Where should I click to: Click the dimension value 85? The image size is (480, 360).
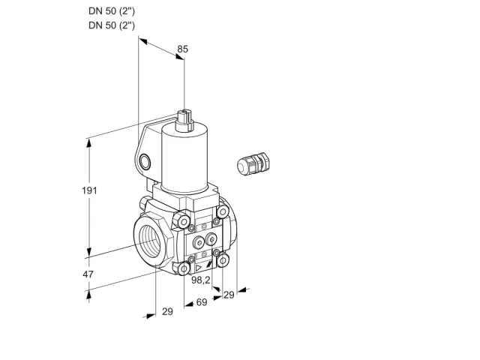183,49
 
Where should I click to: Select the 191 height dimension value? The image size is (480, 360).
89,190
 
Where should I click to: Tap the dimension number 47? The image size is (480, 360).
88,274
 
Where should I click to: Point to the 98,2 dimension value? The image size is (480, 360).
201,280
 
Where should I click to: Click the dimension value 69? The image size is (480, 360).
202,302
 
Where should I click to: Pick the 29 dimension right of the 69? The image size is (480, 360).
229,295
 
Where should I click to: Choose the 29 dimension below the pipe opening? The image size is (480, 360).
167,311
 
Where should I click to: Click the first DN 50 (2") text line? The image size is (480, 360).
112,11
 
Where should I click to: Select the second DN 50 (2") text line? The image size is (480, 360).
112,25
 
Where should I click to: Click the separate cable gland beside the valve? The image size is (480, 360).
253,163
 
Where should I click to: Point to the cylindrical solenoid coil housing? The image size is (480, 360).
185,158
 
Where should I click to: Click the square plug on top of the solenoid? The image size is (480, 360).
184,120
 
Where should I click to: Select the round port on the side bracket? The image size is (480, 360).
145,162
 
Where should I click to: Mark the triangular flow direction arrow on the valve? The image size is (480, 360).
199,268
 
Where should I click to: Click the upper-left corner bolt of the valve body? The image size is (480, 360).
183,220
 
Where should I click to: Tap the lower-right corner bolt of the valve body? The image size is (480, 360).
223,260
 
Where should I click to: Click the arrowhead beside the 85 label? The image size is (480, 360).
179,57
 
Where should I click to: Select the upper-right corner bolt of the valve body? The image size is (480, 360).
223,211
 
